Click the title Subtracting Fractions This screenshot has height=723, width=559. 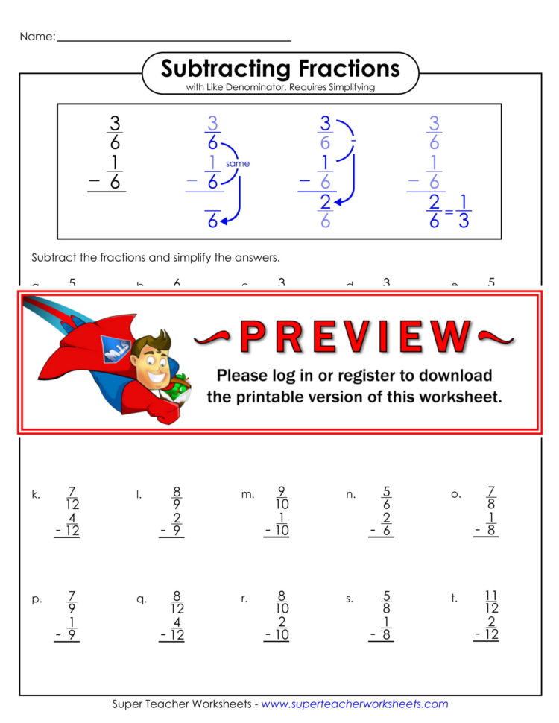click(280, 69)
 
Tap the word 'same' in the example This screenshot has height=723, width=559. click(238, 164)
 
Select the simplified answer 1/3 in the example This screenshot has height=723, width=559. click(463, 212)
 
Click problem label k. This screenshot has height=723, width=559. click(36, 494)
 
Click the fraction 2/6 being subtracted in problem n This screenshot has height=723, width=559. click(386, 524)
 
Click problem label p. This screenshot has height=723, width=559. click(37, 599)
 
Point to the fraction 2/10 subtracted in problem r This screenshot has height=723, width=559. click(281, 628)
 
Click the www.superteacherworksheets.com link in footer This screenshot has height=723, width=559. click(354, 704)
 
